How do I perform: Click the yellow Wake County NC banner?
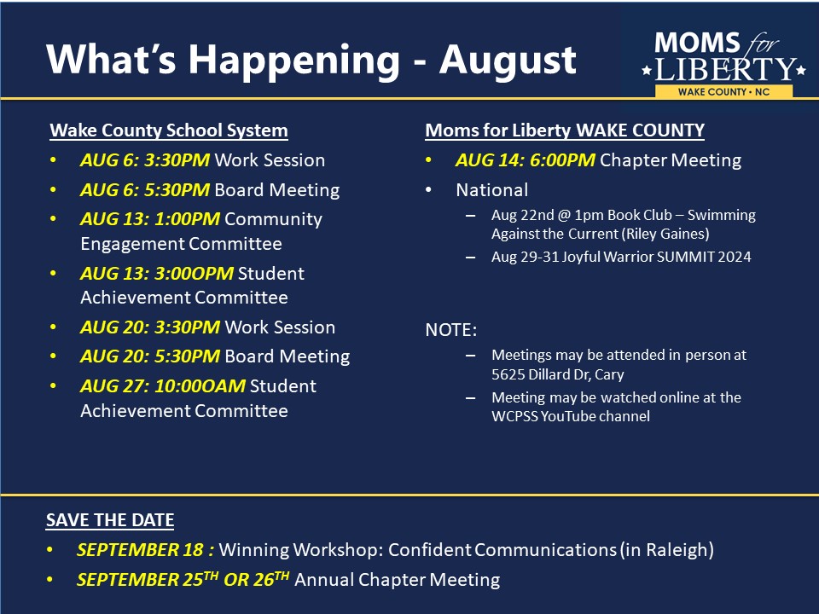(723, 92)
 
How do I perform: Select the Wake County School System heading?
(169, 130)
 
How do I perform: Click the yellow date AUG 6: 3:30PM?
(145, 160)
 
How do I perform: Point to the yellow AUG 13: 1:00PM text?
(150, 219)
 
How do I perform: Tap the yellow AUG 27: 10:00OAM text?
(162, 386)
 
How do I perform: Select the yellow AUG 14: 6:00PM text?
(525, 160)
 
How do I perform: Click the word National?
(492, 190)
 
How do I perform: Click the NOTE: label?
(450, 330)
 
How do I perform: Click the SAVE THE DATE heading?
(110, 520)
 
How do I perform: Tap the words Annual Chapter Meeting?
(398, 580)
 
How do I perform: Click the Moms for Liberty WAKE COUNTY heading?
(565, 130)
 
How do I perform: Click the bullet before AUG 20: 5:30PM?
(53, 356)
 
